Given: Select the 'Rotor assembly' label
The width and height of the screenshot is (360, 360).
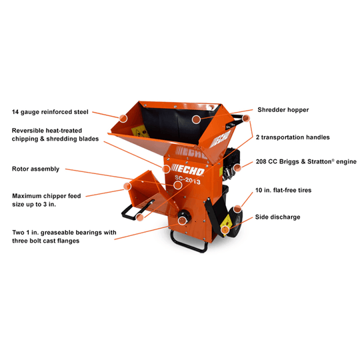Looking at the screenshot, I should click(x=35, y=169).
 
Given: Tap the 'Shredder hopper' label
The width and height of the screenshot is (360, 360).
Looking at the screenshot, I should click(x=283, y=109).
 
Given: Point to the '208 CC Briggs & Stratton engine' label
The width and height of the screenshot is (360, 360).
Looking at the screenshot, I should click(x=306, y=161).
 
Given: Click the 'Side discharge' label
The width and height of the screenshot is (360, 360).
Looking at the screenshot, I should click(x=277, y=217).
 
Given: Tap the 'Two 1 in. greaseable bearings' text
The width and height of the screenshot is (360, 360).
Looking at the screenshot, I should click(x=63, y=237).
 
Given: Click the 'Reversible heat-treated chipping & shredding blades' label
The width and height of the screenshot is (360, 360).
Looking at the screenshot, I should click(x=55, y=134).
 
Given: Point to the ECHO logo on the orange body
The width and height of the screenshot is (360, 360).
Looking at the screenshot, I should click(x=187, y=170).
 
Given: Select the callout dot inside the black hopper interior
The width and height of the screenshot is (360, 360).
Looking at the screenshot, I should click(x=196, y=119).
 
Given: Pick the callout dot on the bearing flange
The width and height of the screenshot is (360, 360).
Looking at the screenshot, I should click(x=181, y=219).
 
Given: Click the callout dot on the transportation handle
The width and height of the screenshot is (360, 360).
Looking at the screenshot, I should click(x=246, y=119).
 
